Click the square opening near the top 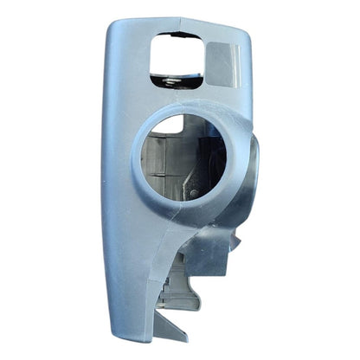pos(177,57)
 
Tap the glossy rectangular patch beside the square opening pos(224,62)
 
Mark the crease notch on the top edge pos(180,20)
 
